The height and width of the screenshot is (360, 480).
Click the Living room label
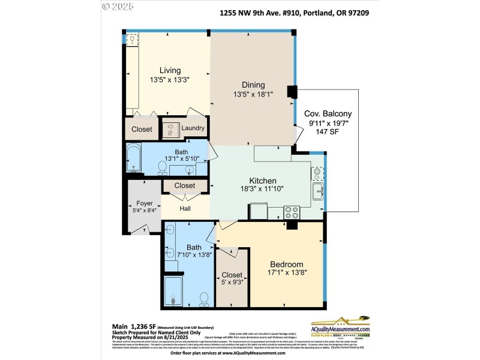[170, 70]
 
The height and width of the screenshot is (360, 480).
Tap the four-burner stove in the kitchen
[292, 212]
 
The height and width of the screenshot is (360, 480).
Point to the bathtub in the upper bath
[134, 158]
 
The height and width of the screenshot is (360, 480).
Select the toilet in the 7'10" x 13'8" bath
[203, 298]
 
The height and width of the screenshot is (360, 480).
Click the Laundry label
[193, 128]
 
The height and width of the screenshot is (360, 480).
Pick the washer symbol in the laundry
[170, 128]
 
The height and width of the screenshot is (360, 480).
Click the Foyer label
[145, 203]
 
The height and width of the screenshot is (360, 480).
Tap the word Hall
[185, 208]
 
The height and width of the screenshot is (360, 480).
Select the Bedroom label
[286, 264]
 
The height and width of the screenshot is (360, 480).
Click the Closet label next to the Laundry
[142, 129]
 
